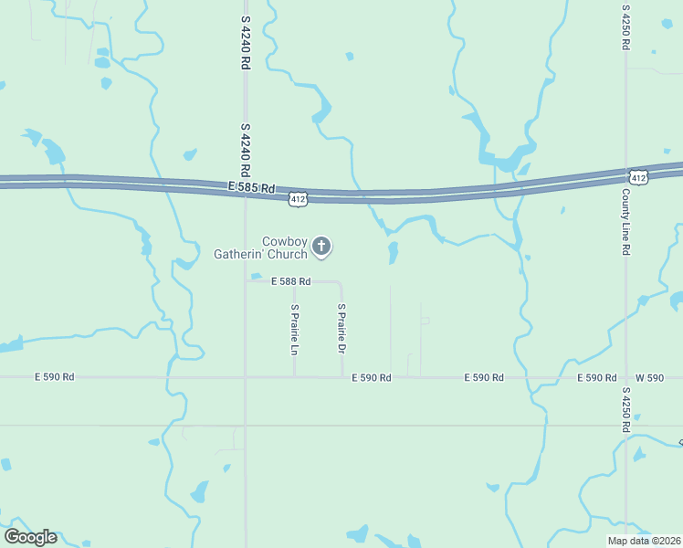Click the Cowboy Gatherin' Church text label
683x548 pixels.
point(261,248)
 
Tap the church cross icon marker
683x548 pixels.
point(321,246)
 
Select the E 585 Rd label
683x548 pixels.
point(252,188)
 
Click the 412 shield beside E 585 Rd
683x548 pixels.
point(298,197)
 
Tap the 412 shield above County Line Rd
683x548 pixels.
point(637,175)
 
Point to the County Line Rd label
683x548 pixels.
point(626,223)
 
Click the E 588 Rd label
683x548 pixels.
point(290,281)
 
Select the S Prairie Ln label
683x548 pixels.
point(295,330)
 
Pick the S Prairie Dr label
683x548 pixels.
point(341,330)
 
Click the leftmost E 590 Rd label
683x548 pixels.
point(54,376)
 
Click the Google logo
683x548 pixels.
point(30,537)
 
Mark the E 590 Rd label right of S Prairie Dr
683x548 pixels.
point(372,377)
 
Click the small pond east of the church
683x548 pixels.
point(393,252)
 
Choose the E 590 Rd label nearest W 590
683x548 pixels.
point(596,377)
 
